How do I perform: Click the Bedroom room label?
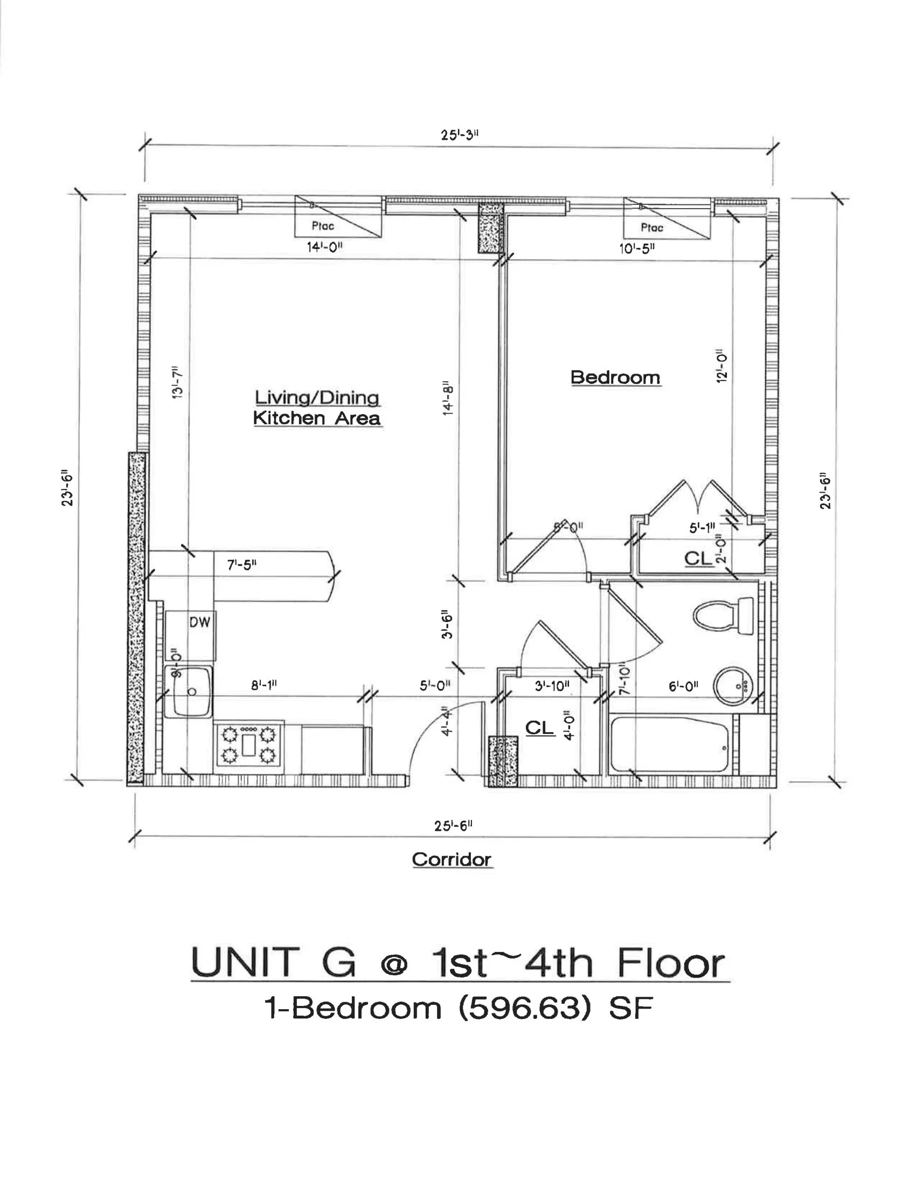tap(615, 377)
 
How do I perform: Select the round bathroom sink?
tap(732, 686)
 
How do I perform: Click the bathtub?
tap(670, 744)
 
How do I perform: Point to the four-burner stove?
tap(249, 744)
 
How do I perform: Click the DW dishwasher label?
tap(199, 622)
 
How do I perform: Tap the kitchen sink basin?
tap(188, 691)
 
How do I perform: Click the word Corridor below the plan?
tap(452, 859)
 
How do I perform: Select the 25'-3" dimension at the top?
tap(459, 135)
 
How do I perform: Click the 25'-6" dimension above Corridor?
tap(453, 825)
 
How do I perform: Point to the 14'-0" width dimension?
tap(324, 247)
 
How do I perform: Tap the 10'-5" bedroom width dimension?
tap(637, 249)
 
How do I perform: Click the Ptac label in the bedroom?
tap(652, 227)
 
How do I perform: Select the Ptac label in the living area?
tap(323, 226)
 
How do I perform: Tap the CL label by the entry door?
tap(539, 727)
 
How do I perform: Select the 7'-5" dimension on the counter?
tap(241, 565)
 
